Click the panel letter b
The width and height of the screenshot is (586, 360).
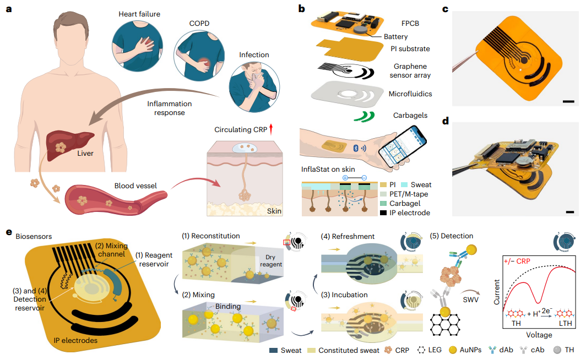pyautogui.click(x=301, y=8)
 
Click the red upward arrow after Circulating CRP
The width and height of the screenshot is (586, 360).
pyautogui.click(x=270, y=129)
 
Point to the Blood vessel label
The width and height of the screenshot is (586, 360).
pyautogui.click(x=135, y=186)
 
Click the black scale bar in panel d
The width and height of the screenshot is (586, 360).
pyautogui.click(x=569, y=211)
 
